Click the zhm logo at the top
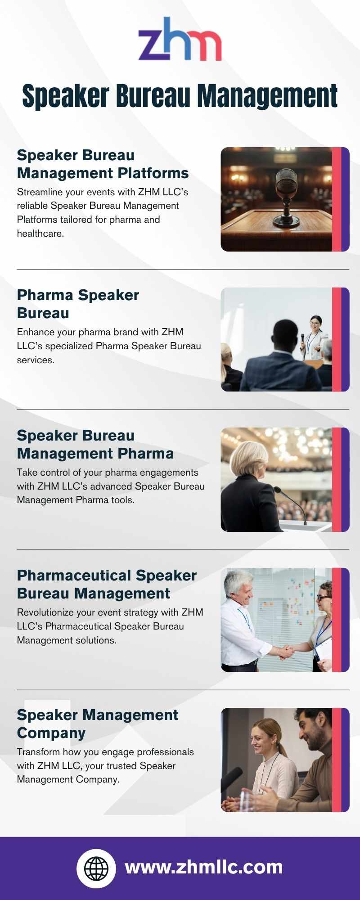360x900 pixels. coord(180,39)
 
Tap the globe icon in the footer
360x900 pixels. coord(96,868)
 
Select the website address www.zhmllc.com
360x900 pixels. coord(204,867)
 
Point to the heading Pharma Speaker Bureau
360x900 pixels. coord(78,304)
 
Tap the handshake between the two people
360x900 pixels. coord(284,651)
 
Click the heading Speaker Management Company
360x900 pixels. coord(98,724)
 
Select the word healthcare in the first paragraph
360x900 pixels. coord(40,234)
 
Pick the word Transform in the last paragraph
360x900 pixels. coord(38,752)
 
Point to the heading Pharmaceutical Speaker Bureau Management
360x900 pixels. coord(107,584)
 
